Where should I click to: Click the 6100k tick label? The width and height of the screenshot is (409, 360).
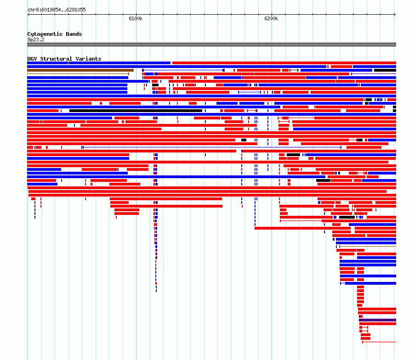pos(136,18)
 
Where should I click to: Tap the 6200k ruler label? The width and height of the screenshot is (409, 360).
pos(271,18)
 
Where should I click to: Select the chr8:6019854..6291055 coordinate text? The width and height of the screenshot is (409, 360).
pos(57,10)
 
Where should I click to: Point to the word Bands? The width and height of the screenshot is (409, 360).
pos(74,34)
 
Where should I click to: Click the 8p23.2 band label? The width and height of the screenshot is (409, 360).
pos(36,39)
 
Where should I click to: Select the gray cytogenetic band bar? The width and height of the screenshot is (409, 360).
pos(211,45)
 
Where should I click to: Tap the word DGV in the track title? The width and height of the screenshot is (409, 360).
pos(32,59)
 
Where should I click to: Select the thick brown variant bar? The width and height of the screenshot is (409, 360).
pos(80,70)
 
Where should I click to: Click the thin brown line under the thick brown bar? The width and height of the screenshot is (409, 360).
pos(78,74)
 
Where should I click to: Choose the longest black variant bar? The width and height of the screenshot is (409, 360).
pos(136,111)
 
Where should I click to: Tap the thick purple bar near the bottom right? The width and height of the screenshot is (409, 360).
pos(377,320)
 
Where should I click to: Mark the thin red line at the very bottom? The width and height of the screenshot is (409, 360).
pos(379,342)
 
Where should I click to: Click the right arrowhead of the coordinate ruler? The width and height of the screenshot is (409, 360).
pos(395,15)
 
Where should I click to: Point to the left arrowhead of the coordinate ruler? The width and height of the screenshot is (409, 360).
pos(28,15)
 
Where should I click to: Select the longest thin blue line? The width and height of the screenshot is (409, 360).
pos(211,147)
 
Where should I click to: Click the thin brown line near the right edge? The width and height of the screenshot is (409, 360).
pos(368,246)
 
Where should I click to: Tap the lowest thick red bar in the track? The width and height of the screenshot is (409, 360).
pos(365,338)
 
